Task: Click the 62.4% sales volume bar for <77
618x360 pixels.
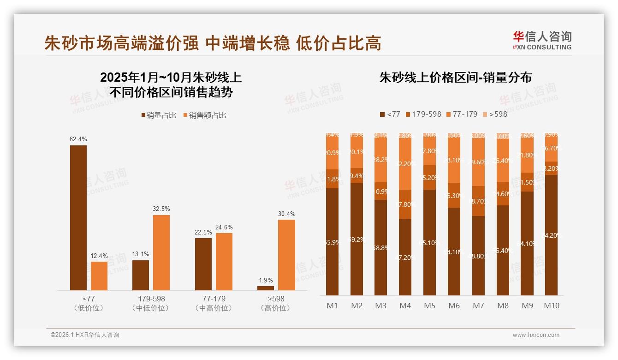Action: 78,217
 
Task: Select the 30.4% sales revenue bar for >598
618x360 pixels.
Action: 286,255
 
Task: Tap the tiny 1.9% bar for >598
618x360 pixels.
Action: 266,288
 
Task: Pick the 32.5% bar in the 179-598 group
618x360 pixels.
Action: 161,252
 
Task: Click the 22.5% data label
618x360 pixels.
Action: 203,232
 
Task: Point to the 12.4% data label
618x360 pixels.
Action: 99,256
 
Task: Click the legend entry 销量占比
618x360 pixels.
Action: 159,115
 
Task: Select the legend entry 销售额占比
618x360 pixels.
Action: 205,115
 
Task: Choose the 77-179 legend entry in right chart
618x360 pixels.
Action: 462,114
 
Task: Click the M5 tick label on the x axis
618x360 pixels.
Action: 429,306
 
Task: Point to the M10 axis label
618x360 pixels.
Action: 551,306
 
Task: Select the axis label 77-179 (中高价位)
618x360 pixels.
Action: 213,303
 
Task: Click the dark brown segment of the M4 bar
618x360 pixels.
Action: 405,257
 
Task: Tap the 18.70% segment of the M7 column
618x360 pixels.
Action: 478,201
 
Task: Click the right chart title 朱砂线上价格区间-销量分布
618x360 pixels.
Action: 455,78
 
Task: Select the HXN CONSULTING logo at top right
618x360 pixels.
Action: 542,40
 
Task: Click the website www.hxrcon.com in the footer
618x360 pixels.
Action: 536,335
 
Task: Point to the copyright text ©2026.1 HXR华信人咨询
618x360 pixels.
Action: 85,335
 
